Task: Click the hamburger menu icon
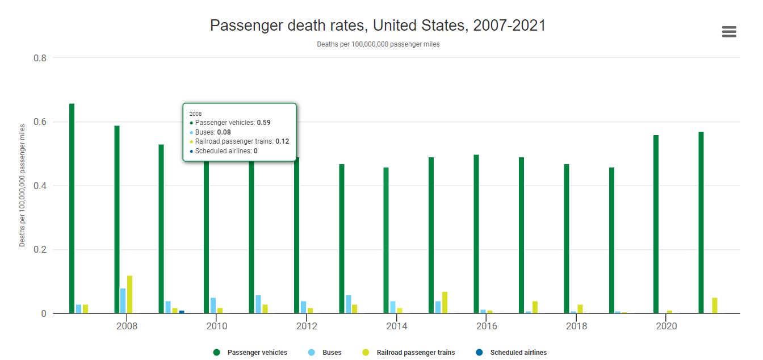tap(729, 32)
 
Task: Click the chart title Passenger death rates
tap(378, 26)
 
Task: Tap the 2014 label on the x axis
tap(397, 326)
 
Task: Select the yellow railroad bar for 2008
tap(129, 294)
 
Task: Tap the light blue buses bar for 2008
tap(123, 301)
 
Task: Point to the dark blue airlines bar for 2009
tap(182, 312)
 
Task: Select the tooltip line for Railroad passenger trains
tap(240, 141)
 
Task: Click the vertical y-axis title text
tap(23, 185)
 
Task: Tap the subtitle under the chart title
tap(378, 44)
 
